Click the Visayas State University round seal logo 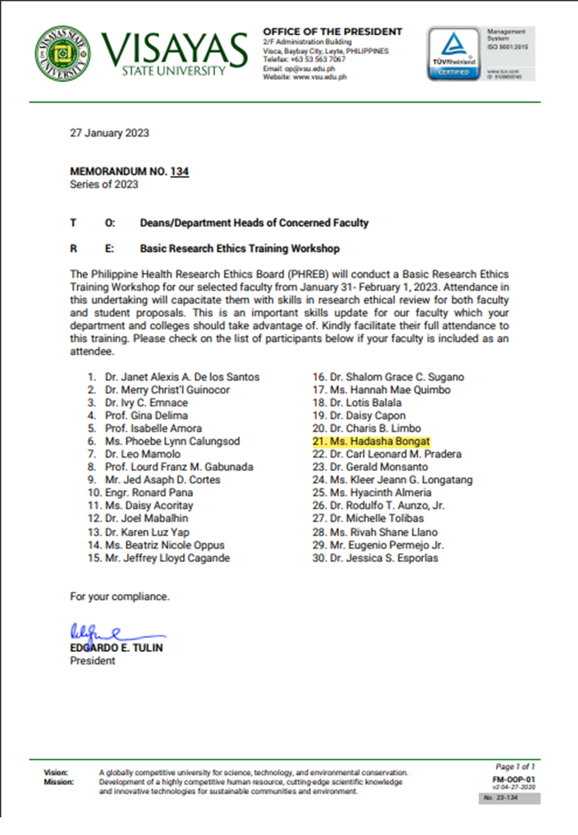point(62,53)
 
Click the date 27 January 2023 point(109,133)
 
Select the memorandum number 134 point(180,171)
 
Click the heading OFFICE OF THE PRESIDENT point(332,31)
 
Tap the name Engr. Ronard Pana point(149,493)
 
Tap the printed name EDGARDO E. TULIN point(116,648)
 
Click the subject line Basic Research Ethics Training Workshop point(239,248)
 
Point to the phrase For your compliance point(120,597)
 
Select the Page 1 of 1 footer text point(515,767)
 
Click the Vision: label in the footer point(56,772)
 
